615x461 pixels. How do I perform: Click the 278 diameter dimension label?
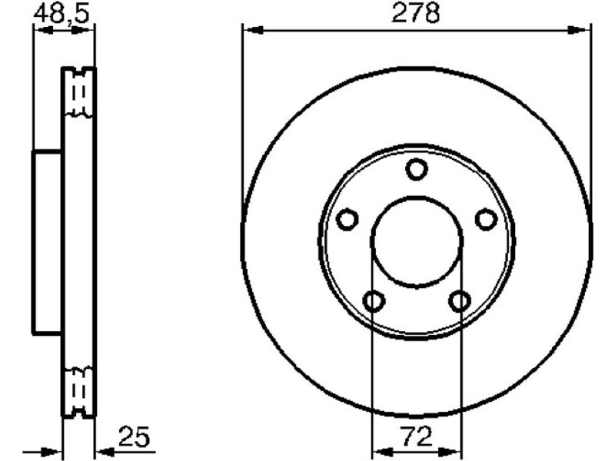click(415, 12)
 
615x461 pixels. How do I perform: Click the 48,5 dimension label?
click(61, 14)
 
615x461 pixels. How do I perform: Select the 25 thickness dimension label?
click(134, 436)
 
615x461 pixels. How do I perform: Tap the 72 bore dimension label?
click(417, 436)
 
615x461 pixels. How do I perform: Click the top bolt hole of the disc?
click(416, 169)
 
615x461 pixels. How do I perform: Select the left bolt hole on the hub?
click(347, 220)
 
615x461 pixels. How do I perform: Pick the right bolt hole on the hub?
click(487, 220)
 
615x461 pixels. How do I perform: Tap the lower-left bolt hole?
click(374, 301)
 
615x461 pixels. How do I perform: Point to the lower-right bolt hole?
click(460, 301)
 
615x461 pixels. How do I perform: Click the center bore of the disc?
click(417, 242)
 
